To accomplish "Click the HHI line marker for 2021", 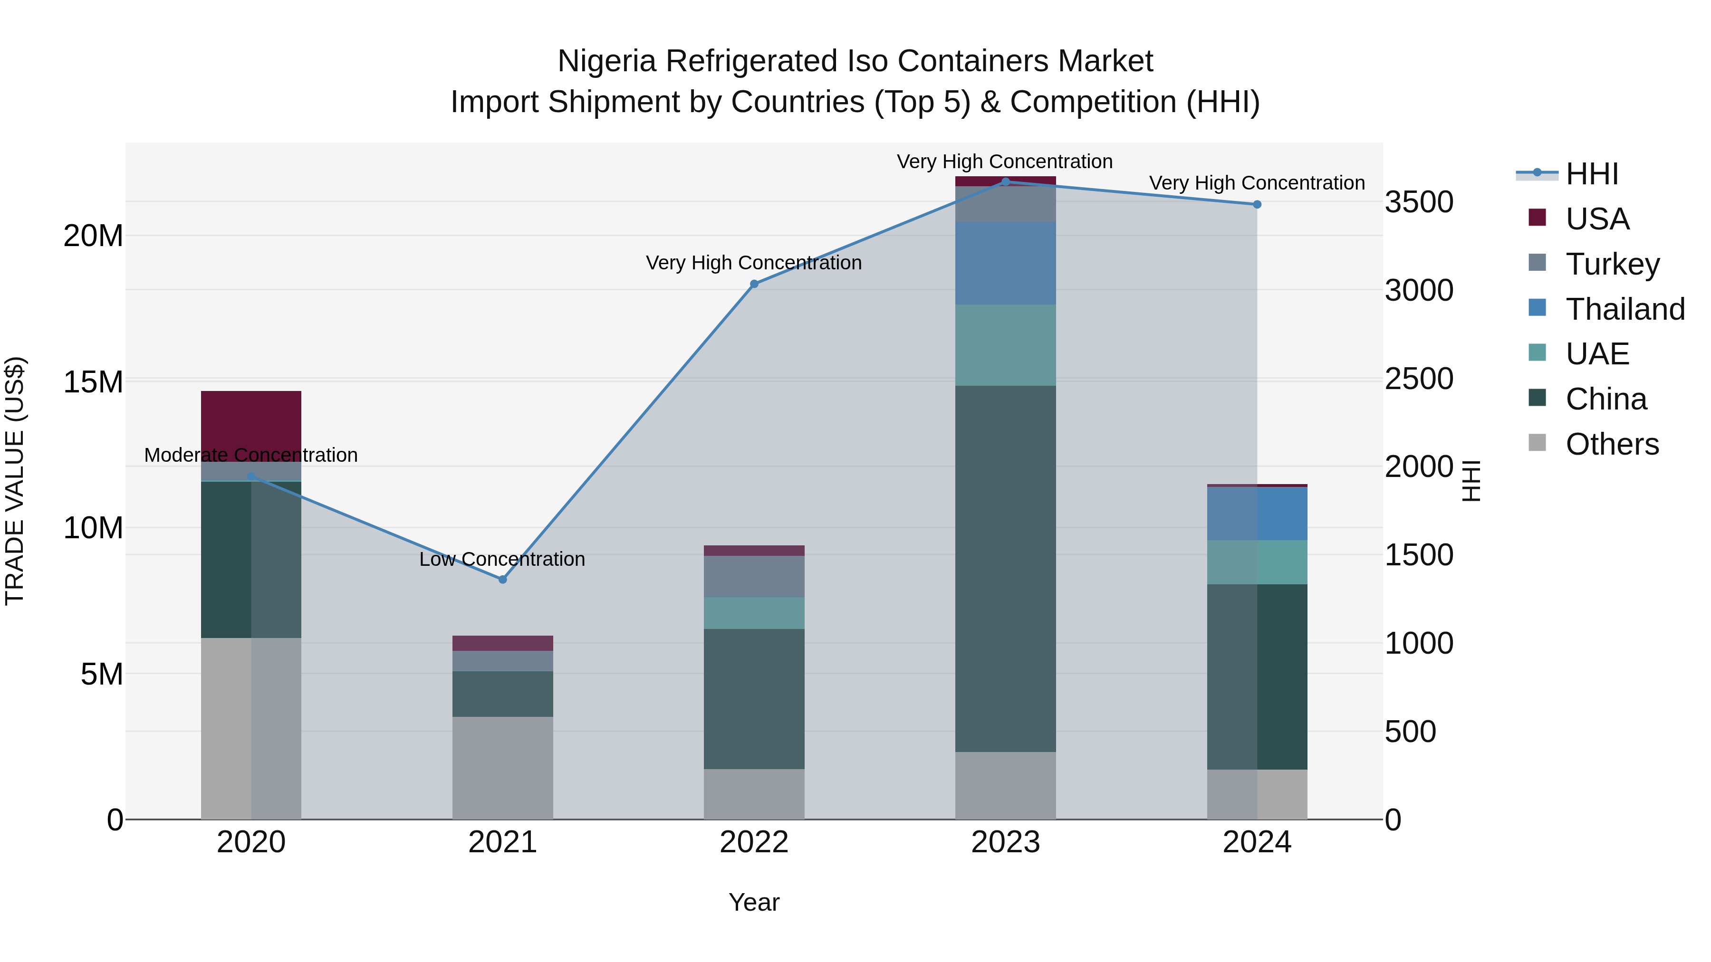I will (x=502, y=580).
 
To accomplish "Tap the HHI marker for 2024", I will (x=1257, y=204).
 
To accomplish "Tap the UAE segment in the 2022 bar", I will (x=754, y=613).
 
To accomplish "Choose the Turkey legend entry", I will (x=1612, y=264).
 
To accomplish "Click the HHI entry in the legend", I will (x=1591, y=174).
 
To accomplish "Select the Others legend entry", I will (x=1612, y=444).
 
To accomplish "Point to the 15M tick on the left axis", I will (x=93, y=382).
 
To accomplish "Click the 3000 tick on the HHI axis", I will (x=1419, y=290).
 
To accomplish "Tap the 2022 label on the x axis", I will (x=754, y=842).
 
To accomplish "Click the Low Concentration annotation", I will (x=502, y=559).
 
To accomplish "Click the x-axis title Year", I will (x=754, y=902).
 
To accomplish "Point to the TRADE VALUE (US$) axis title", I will (x=15, y=481).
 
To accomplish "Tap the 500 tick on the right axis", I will (x=1410, y=732).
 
